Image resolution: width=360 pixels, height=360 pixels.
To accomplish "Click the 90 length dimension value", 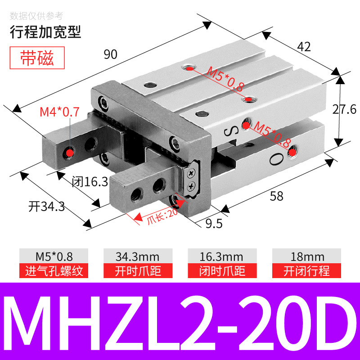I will click(x=111, y=54).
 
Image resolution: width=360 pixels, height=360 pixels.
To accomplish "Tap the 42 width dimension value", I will click(x=304, y=47).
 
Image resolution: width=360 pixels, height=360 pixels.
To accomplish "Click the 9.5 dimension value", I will click(x=214, y=223).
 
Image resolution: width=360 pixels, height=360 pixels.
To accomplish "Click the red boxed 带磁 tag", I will click(x=37, y=59).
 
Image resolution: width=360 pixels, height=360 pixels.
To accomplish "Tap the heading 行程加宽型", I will click(x=45, y=31).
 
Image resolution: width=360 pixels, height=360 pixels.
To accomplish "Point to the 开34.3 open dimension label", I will click(x=46, y=207).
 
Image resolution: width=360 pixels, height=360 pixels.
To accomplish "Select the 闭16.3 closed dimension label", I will click(x=90, y=182).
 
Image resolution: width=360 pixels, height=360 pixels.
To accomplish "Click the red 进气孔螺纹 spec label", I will click(x=54, y=271).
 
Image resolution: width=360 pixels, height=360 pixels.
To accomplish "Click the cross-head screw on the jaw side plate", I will click(x=192, y=171).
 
